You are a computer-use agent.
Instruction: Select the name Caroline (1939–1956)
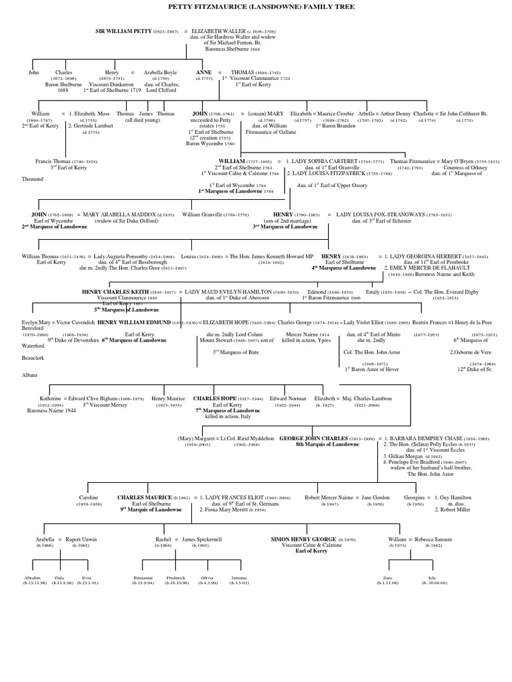89,497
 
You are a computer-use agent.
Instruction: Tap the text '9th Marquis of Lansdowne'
151,510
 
